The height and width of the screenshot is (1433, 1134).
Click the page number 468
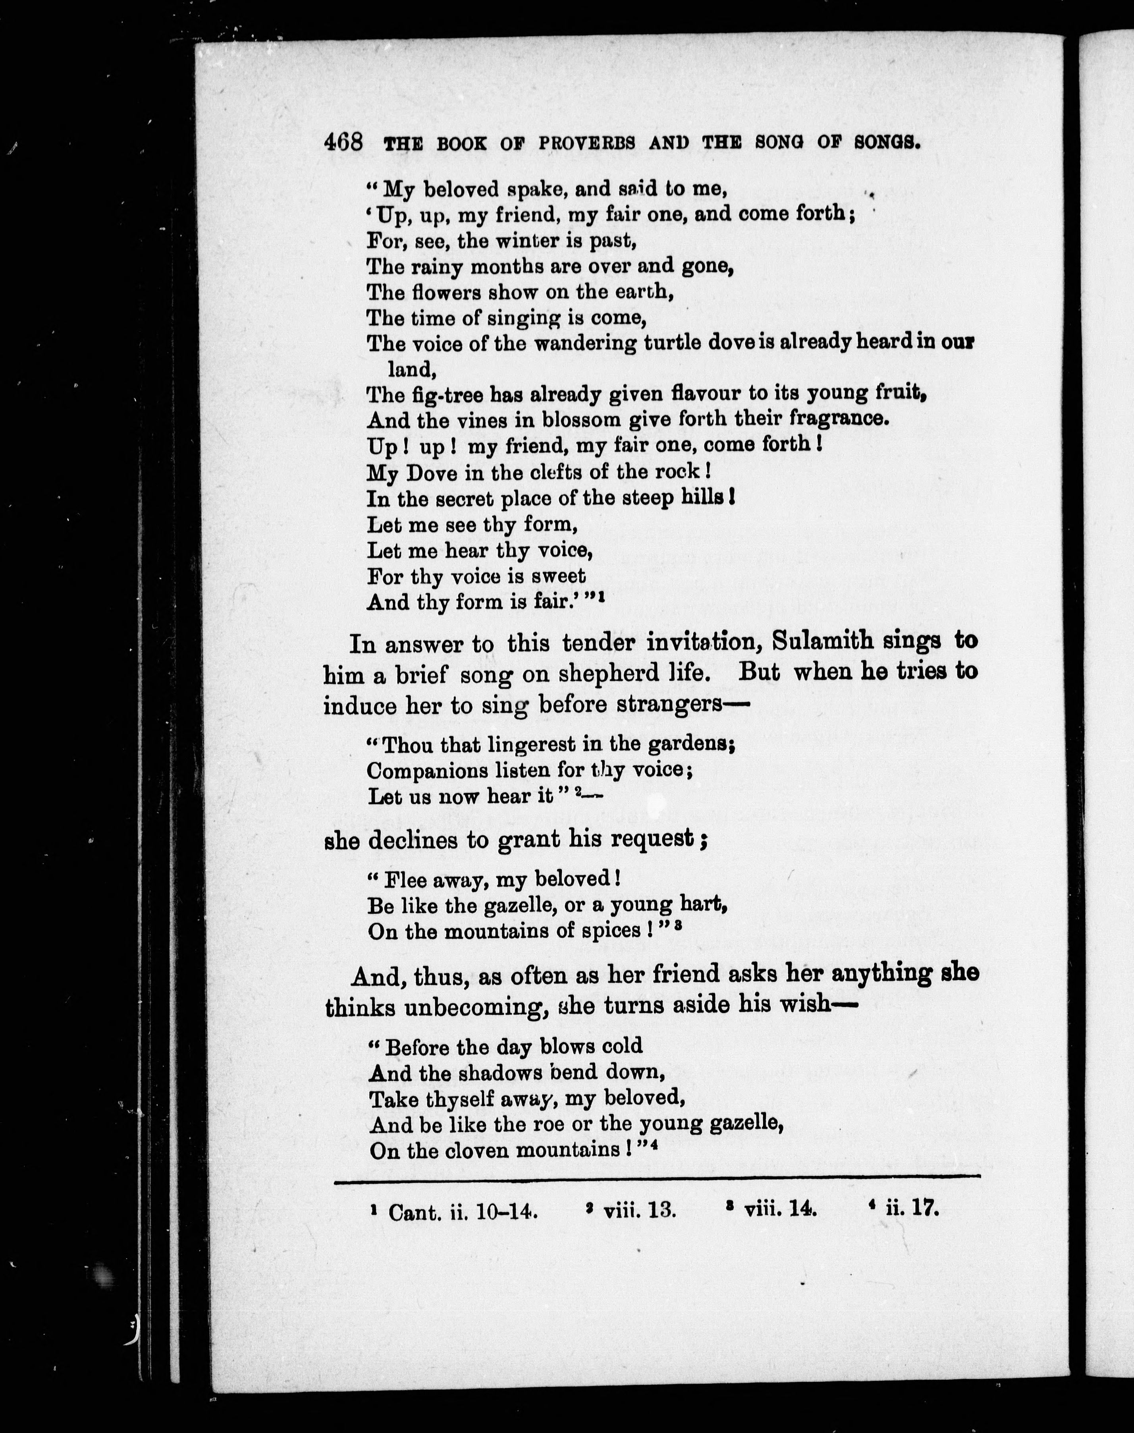tap(343, 142)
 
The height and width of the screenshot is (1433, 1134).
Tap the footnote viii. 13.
tap(639, 1211)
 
